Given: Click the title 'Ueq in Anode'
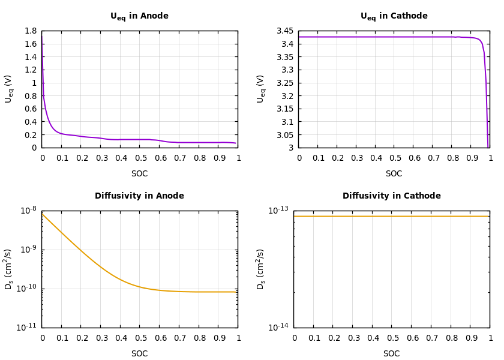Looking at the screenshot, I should pyautogui.click(x=139, y=16).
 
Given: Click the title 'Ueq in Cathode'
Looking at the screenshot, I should pyautogui.click(x=394, y=16).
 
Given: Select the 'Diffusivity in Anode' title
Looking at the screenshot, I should pyautogui.click(x=139, y=196).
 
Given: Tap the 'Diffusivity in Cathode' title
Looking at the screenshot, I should pyautogui.click(x=391, y=196).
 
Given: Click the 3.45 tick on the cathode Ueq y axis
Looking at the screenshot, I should pyautogui.click(x=285, y=31).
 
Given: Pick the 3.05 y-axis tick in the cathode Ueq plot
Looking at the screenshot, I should pyautogui.click(x=285, y=135).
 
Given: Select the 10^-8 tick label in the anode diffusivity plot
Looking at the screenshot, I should pyautogui.click(x=29, y=210).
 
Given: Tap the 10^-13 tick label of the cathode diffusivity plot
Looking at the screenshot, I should pyautogui.click(x=278, y=210).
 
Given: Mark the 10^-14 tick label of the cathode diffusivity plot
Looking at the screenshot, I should pyautogui.click(x=278, y=327).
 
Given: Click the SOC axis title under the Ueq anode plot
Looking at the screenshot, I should pyautogui.click(x=139, y=174).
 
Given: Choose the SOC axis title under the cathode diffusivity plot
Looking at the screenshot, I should pyautogui.click(x=391, y=354).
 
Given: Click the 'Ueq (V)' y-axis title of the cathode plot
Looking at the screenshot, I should pyautogui.click(x=261, y=89).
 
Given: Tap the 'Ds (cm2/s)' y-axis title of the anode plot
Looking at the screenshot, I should pyautogui.click(x=9, y=269).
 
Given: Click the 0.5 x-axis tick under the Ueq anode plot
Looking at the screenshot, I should pyautogui.click(x=140, y=158).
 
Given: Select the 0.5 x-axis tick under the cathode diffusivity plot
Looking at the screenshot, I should pyautogui.click(x=392, y=338).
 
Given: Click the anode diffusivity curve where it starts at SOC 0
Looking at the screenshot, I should pyautogui.click(x=43, y=214).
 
